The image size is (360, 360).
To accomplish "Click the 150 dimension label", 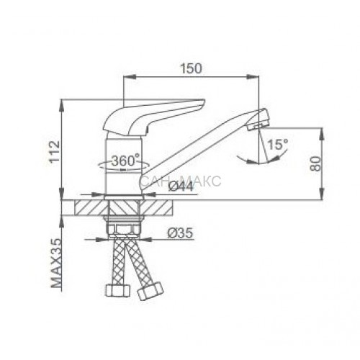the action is (192, 68).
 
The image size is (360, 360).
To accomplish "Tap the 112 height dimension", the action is (54, 152).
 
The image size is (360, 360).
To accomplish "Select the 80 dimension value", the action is (315, 163).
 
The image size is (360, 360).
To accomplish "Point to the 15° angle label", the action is (277, 145).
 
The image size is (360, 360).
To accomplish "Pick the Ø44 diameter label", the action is (181, 186).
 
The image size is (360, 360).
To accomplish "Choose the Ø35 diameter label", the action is (180, 233).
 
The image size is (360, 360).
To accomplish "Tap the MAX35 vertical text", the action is (57, 263).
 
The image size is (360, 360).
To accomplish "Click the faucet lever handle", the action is (153, 117).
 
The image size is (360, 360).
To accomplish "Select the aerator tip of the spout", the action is (258, 120).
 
